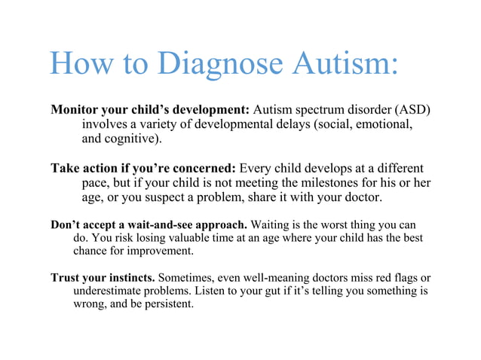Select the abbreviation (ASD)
pos(410,109)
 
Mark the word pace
pos(97,184)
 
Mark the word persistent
pos(168,305)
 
